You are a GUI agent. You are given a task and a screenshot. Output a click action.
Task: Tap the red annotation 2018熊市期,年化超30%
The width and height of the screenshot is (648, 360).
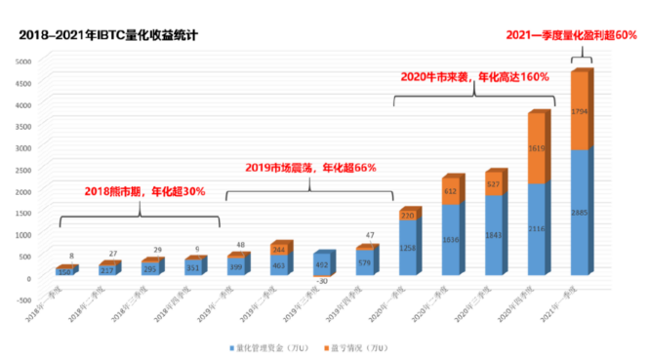(144, 191)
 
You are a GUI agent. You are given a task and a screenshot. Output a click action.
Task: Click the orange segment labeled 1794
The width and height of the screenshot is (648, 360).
(580, 110)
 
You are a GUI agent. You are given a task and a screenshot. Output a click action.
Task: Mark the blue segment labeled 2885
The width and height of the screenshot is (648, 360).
(580, 212)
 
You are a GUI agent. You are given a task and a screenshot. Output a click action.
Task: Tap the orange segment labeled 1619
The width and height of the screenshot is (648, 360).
(537, 148)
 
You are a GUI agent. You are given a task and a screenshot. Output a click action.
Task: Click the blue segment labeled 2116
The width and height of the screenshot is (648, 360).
(537, 228)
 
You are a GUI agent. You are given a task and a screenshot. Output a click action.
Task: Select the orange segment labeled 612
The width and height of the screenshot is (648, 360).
(452, 191)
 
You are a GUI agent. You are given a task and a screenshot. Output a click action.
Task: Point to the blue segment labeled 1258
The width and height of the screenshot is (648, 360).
(408, 248)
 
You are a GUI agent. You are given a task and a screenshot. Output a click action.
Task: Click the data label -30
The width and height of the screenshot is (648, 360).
(323, 280)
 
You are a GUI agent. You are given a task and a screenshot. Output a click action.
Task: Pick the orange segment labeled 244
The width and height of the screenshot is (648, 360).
(280, 250)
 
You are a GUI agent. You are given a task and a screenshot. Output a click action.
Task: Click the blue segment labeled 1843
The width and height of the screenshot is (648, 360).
(494, 234)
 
